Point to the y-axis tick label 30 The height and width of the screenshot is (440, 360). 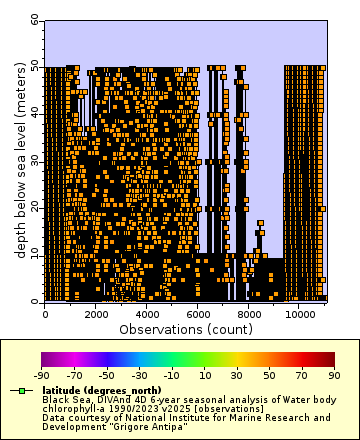click(x=36, y=160)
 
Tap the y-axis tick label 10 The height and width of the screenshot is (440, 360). click(x=36, y=254)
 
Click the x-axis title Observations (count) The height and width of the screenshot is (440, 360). click(x=185, y=328)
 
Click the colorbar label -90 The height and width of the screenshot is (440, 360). click(x=42, y=375)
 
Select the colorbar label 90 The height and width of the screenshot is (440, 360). click(x=334, y=375)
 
